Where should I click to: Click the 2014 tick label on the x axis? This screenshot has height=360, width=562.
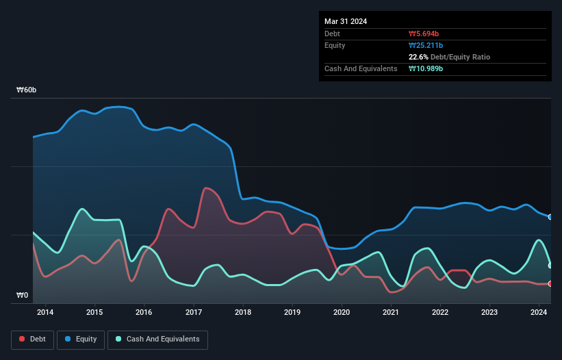(45, 313)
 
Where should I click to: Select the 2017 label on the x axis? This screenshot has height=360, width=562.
(194, 313)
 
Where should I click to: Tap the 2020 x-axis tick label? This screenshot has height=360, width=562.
(342, 313)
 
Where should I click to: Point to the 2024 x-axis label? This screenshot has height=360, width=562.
(539, 313)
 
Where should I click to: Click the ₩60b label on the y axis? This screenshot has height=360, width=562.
(27, 90)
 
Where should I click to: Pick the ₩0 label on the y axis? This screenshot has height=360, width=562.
(23, 296)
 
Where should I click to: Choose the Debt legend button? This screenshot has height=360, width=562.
(32, 339)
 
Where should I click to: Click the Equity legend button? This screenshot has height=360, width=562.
(81, 339)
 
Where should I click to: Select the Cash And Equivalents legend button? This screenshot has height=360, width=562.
(157, 339)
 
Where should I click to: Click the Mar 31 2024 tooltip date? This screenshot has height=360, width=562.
(346, 21)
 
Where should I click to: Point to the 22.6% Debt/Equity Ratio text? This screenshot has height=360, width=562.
(449, 57)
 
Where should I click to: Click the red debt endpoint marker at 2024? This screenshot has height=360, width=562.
(550, 283)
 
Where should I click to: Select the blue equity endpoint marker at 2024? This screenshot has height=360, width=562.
(550, 217)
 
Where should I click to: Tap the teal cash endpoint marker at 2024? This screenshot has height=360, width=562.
(550, 266)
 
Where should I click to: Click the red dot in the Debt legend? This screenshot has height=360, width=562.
(23, 339)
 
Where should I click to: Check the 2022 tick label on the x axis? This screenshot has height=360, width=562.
(440, 313)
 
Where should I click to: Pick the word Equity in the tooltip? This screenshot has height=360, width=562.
(335, 45)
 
